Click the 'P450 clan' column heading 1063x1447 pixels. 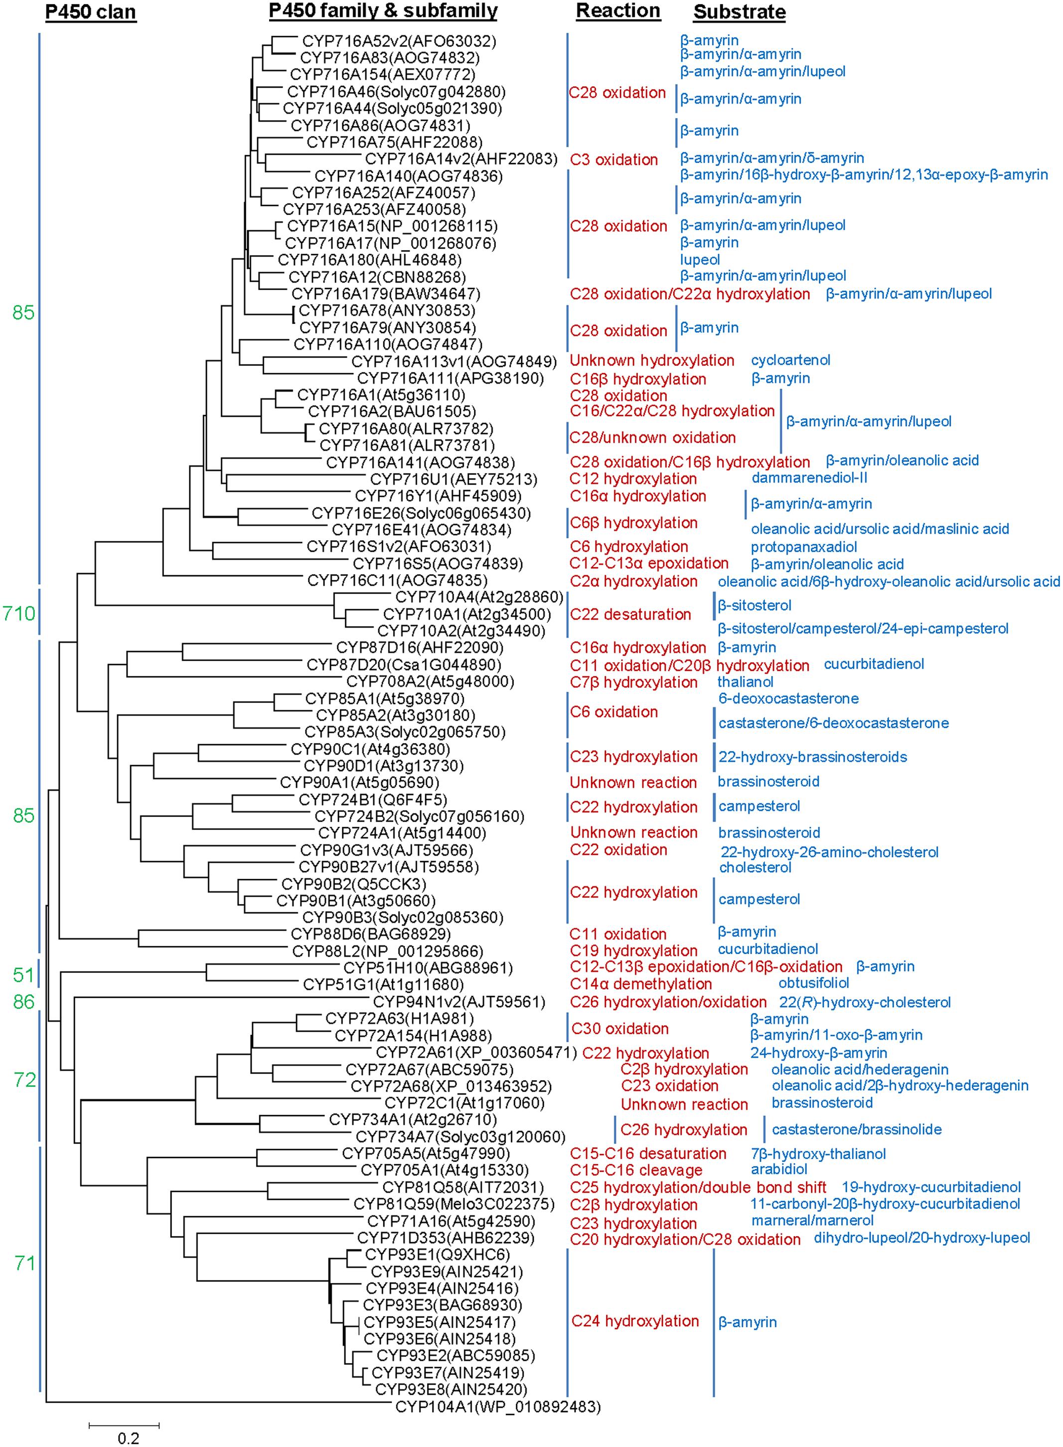(90, 12)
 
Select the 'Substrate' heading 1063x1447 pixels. (740, 12)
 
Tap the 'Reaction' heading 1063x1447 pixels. (618, 11)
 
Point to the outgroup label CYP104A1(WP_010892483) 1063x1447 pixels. (497, 1407)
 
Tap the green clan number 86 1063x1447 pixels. (24, 1002)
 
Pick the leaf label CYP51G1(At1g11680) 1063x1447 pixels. (383, 984)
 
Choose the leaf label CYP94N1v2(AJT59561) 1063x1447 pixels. (459, 1002)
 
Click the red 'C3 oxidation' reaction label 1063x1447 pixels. (614, 160)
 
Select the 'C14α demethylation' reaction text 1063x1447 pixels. (641, 984)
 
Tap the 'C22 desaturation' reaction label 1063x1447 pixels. (630, 615)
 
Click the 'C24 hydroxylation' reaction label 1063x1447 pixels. (635, 1321)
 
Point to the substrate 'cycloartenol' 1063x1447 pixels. (791, 360)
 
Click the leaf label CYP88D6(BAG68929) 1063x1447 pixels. (371, 934)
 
